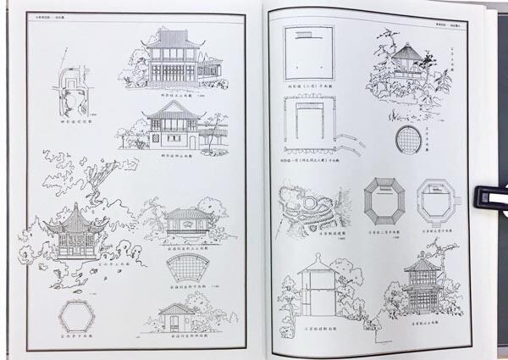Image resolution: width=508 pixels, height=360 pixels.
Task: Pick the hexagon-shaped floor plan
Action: tap(76, 316)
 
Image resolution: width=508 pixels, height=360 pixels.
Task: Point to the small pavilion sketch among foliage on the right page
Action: tap(409, 64)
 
